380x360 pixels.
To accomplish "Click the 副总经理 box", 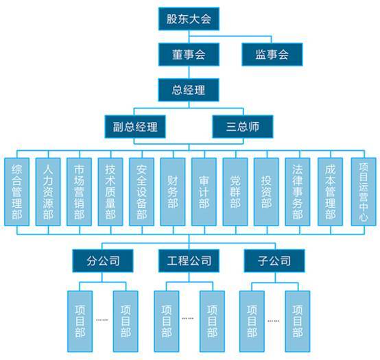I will click(x=135, y=127).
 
